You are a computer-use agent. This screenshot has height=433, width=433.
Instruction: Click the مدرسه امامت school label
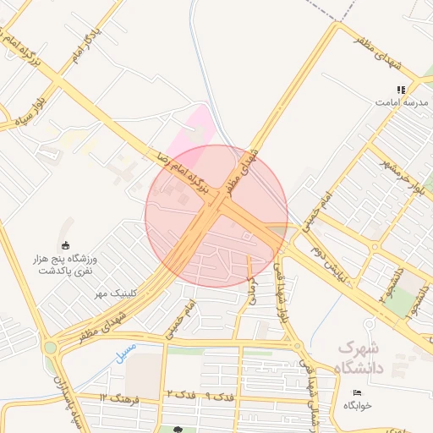pos(401,101)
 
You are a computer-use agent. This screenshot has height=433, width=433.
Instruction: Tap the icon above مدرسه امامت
pos(401,89)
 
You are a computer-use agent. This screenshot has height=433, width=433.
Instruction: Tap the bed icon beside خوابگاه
pos(355,392)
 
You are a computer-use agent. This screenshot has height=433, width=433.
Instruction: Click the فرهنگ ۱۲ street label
pos(114,397)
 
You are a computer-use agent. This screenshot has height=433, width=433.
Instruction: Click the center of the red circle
pos(216,216)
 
